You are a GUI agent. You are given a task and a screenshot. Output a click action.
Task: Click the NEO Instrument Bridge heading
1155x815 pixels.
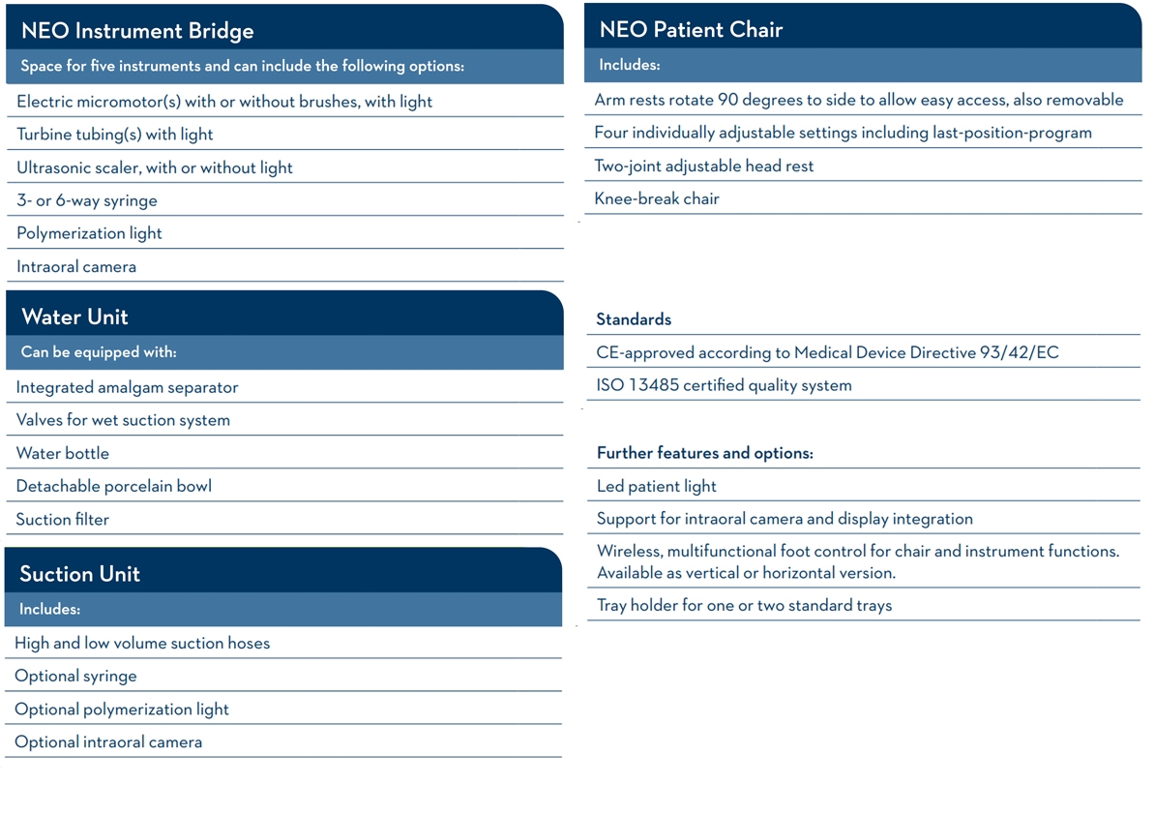(137, 30)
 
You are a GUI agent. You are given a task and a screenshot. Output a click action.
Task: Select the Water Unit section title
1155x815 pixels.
(74, 317)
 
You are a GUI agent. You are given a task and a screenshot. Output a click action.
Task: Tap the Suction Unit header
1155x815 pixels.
(79, 573)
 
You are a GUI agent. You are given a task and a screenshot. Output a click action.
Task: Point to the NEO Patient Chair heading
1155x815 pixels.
(691, 29)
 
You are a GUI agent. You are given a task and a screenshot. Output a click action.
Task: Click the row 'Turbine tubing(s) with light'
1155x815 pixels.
(115, 135)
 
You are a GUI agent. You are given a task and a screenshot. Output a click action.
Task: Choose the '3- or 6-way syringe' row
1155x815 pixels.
(87, 200)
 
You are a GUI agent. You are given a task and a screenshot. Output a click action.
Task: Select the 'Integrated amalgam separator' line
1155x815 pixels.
(127, 387)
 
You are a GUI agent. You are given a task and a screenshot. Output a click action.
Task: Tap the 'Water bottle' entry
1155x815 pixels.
(63, 453)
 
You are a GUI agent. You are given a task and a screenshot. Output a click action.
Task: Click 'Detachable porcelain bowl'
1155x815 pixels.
(113, 486)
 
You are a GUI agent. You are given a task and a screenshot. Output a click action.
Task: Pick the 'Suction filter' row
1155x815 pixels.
(63, 519)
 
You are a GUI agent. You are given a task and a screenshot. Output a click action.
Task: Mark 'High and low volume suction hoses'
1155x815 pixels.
(142, 643)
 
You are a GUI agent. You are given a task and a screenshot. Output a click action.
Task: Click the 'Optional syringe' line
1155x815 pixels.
(75, 676)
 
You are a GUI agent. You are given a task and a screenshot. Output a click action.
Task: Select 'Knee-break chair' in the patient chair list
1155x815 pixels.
(657, 198)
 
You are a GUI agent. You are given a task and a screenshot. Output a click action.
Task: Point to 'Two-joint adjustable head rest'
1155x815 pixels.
(704, 166)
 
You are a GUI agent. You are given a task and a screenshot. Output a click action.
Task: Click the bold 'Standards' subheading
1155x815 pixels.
(634, 319)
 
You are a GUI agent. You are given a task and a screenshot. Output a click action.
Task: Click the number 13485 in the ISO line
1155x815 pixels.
(654, 385)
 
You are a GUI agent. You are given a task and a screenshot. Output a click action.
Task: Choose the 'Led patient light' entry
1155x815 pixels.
(657, 486)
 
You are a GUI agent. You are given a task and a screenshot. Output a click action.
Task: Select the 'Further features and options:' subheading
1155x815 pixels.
(705, 453)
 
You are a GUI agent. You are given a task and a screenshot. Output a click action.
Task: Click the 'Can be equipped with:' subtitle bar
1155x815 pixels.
(99, 352)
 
